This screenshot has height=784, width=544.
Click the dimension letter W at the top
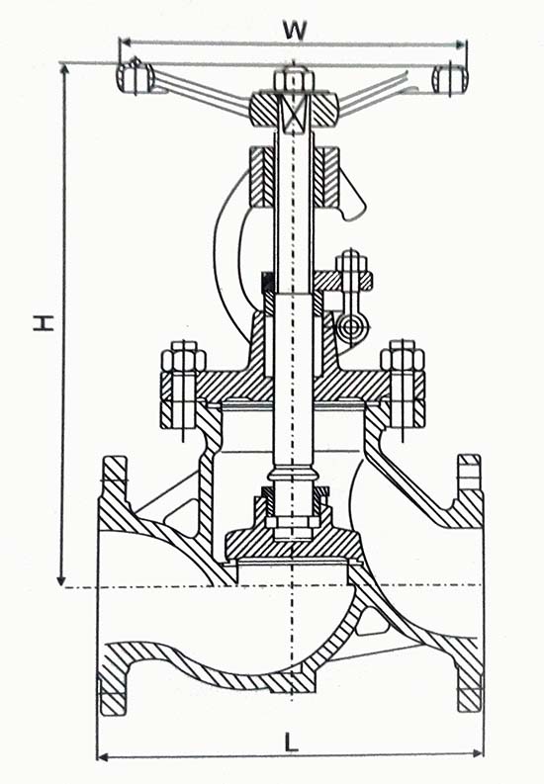[x=295, y=30]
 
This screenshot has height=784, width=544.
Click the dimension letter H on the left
[x=44, y=322]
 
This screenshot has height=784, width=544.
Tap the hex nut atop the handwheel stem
[x=294, y=81]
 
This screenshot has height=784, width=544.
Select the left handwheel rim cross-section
[x=134, y=78]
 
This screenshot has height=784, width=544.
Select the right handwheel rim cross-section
[x=450, y=79]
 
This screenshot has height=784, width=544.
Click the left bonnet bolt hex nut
[x=184, y=357]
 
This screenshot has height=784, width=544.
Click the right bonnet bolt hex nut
[x=403, y=357]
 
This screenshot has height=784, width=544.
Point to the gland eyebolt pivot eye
[x=352, y=327]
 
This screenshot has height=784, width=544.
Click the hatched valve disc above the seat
[x=292, y=544]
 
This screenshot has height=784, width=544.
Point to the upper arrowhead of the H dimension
[x=63, y=68]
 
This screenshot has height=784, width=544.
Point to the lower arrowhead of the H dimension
[x=61, y=580]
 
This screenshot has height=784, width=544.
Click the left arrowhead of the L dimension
[x=102, y=757]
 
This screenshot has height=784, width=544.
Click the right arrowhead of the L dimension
[x=478, y=753]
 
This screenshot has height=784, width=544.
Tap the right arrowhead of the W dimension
[x=461, y=45]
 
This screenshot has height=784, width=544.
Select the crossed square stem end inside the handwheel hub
[x=294, y=114]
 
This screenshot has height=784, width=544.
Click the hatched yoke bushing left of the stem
[x=261, y=177]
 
